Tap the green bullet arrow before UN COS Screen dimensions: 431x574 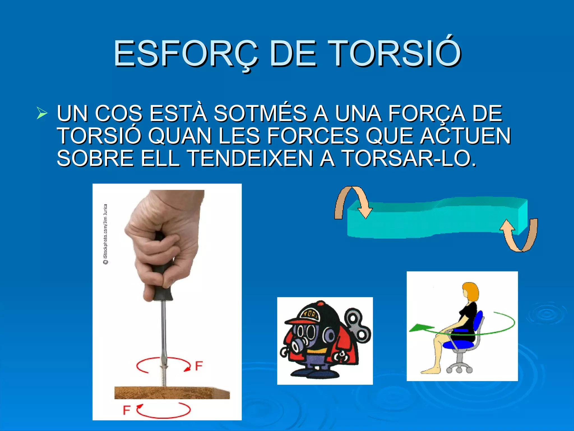[42, 114]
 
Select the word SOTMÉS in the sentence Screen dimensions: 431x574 [260, 114]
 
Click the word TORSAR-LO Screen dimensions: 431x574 [409, 158]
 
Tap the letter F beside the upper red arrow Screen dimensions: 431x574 [198, 366]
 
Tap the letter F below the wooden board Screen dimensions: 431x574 [126, 410]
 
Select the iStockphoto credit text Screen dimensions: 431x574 [105, 234]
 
